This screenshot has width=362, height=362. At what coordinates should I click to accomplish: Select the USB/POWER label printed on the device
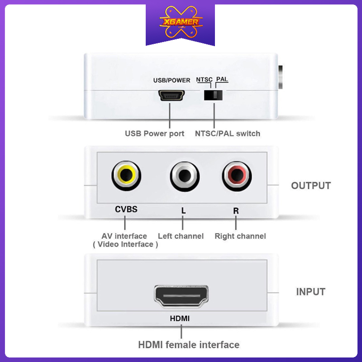pos(171,81)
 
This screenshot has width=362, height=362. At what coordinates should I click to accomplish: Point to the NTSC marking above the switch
pos(204,80)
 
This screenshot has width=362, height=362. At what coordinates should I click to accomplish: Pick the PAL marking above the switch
pos(222,80)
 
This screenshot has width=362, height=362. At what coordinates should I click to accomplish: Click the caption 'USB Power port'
pos(155,133)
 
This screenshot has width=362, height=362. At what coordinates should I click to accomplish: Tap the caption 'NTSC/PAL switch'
pos(228,133)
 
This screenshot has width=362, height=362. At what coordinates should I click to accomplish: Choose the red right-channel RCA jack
pos(236,176)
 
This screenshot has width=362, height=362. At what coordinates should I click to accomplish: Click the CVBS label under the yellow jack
pos(126,210)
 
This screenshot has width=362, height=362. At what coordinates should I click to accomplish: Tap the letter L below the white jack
pos(183,210)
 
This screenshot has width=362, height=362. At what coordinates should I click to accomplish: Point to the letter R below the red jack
pos(236,210)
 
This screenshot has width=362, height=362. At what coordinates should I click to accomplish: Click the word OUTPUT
pos(311,186)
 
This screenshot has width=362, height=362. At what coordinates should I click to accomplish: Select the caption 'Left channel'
pos(181,236)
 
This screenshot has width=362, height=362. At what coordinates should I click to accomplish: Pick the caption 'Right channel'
pos(240,236)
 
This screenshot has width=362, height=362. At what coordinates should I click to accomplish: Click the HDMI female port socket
pos(181,297)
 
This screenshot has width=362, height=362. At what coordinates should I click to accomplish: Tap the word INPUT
pos(311,292)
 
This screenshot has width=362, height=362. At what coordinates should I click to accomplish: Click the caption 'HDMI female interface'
pos(189,345)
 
